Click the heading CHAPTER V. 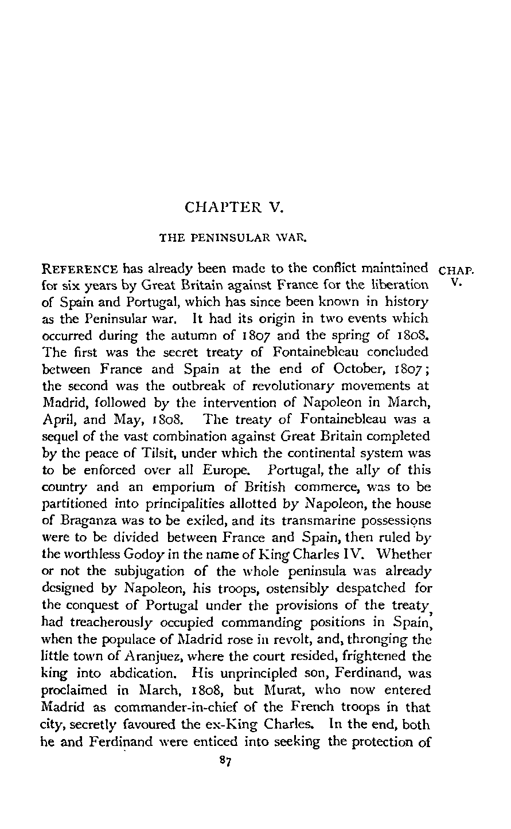click(x=235, y=207)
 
